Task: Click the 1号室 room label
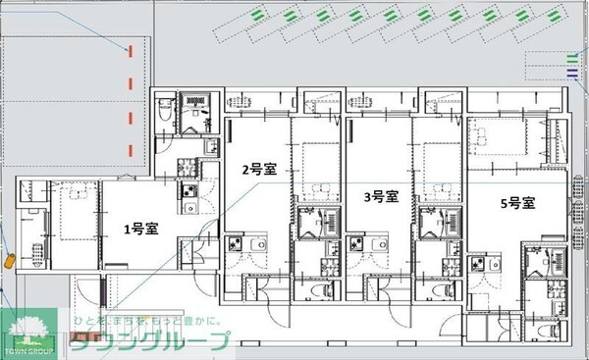140,230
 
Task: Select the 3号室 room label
380,196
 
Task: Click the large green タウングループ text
149,341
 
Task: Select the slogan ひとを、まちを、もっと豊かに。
145,322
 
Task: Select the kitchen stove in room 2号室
236,245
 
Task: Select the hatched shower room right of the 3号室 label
430,224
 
